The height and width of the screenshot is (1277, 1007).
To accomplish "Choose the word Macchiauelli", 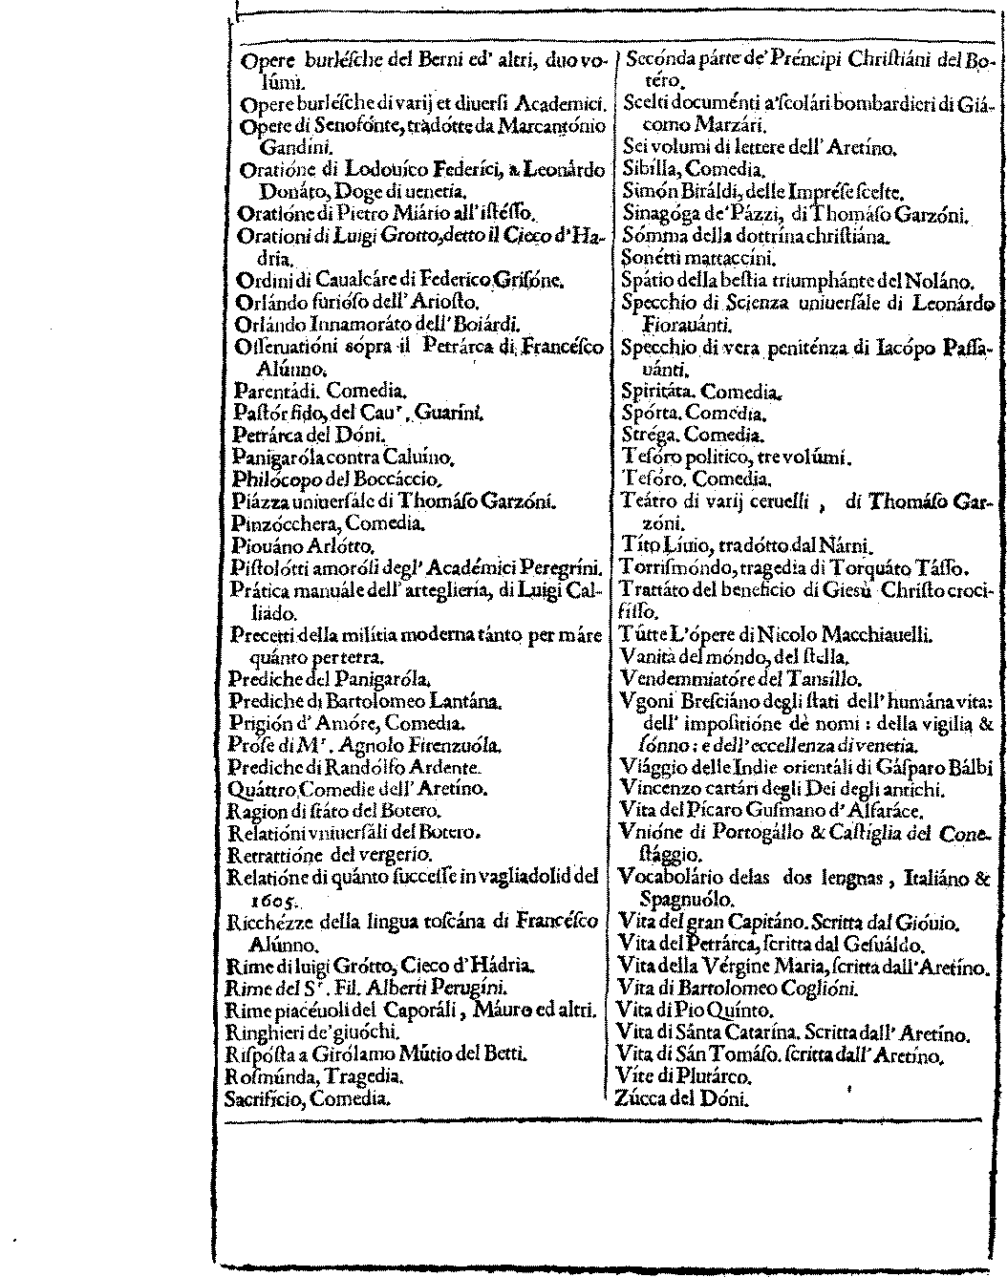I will [868, 635].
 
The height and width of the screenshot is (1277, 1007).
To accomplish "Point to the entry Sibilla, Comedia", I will [682, 169].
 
